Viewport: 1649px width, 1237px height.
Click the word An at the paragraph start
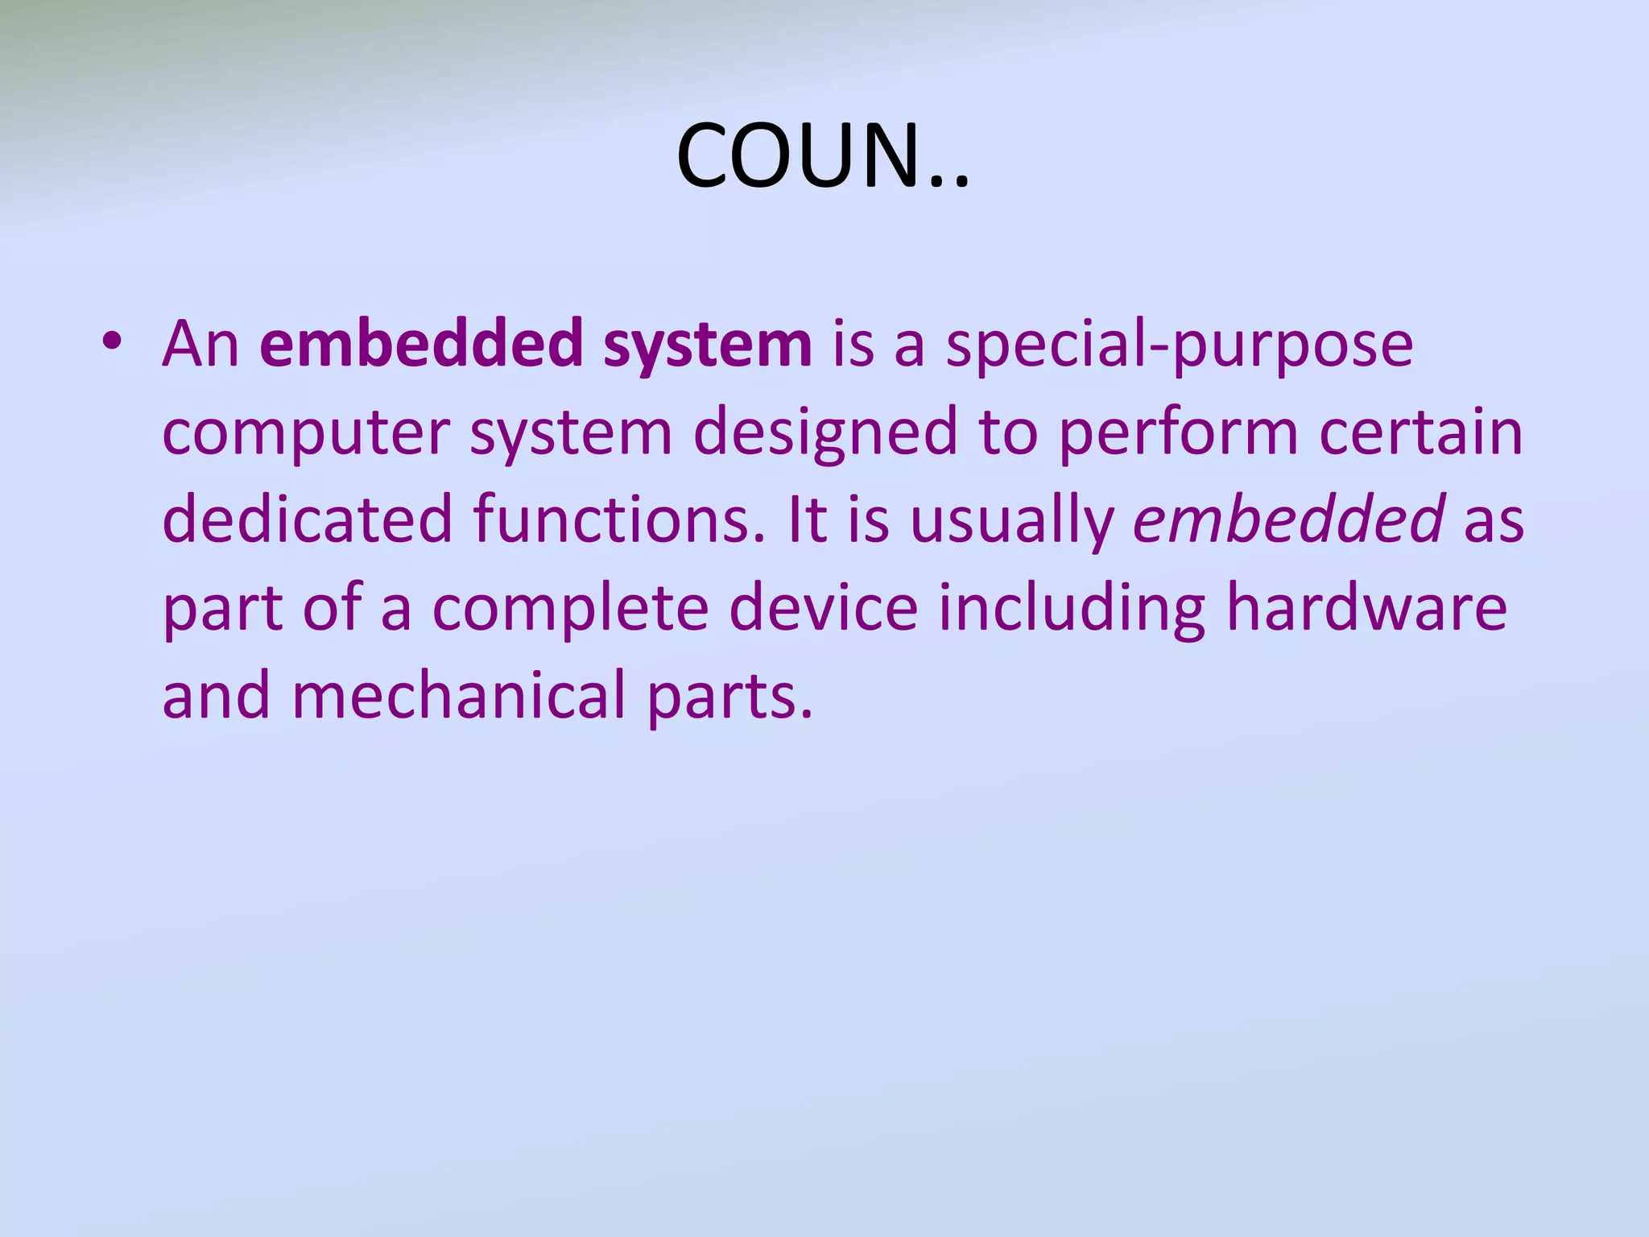click(200, 345)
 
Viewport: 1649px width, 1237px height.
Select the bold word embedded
click(422, 345)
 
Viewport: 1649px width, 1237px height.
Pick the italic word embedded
click(1288, 519)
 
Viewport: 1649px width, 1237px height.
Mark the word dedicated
click(308, 519)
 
